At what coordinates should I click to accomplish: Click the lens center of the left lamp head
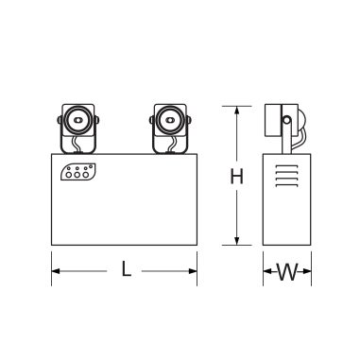[79, 121]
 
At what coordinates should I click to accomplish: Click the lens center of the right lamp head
[167, 121]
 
